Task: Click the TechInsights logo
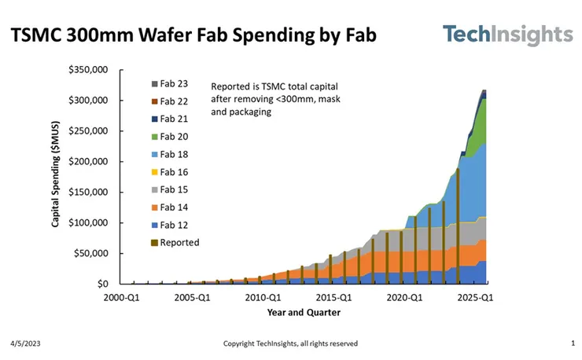tap(508, 35)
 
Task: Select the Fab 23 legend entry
tap(170, 84)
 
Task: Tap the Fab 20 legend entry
tap(170, 137)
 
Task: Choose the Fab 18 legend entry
tap(170, 154)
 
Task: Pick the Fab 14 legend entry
tap(170, 208)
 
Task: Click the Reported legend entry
tap(175, 243)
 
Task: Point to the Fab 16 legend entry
tap(170, 172)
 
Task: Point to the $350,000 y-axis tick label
tap(88, 70)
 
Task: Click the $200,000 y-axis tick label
tap(88, 161)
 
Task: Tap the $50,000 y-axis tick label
tap(90, 253)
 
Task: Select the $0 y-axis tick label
tap(102, 284)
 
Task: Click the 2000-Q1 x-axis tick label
tap(121, 298)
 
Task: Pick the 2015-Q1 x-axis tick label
tap(333, 298)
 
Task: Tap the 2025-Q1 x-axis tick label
tap(475, 298)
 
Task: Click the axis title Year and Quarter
tap(304, 313)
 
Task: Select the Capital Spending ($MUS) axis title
tap(55, 174)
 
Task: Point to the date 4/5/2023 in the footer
tap(25, 343)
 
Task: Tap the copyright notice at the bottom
tap(290, 343)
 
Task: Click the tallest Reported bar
tap(458, 226)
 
